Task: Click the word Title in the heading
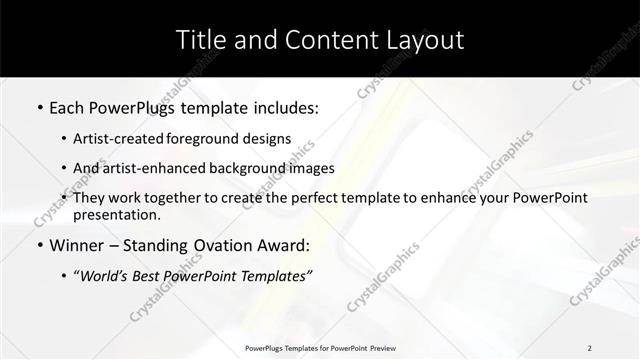tap(199, 40)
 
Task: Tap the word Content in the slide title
tap(323, 40)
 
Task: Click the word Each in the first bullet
tap(70, 105)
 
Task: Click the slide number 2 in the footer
tap(589, 348)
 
